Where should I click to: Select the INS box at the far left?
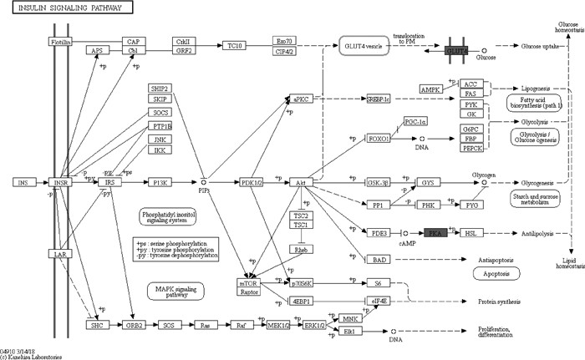[x=23, y=181]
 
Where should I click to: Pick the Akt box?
[x=299, y=181]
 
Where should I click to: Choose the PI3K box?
[x=158, y=181]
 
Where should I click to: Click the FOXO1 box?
[x=381, y=138]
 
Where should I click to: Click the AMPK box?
[x=432, y=89]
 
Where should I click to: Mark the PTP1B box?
[x=161, y=125]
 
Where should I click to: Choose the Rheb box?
[x=301, y=249]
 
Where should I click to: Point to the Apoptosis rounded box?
[x=495, y=273]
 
